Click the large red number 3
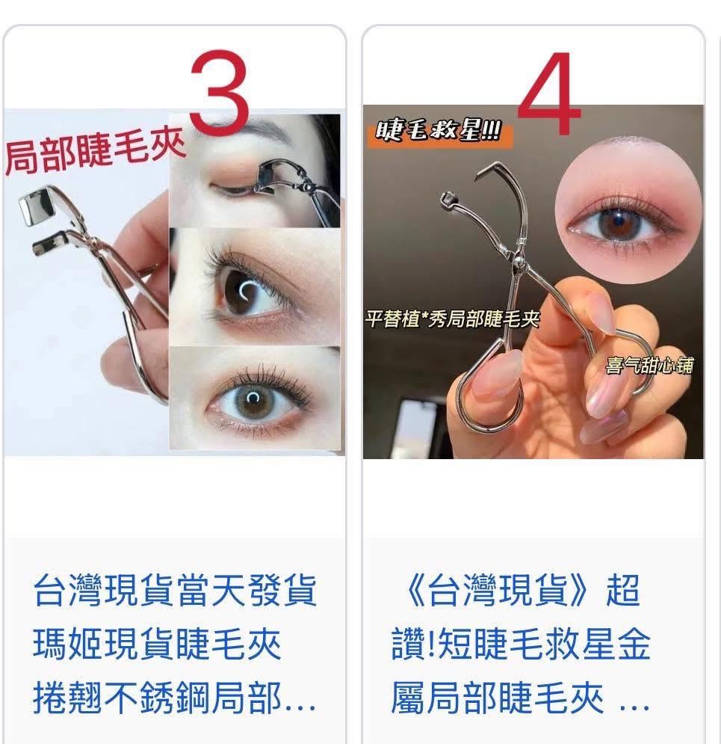click(219, 92)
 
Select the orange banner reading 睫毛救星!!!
click(439, 131)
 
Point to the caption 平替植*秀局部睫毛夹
click(453, 319)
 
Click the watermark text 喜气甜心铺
click(649, 366)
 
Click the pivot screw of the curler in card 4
click(518, 260)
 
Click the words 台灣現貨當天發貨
click(175, 590)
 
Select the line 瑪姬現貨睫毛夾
click(157, 644)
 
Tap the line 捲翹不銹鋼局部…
click(175, 698)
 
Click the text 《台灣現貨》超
click(522, 590)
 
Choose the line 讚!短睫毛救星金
click(521, 644)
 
